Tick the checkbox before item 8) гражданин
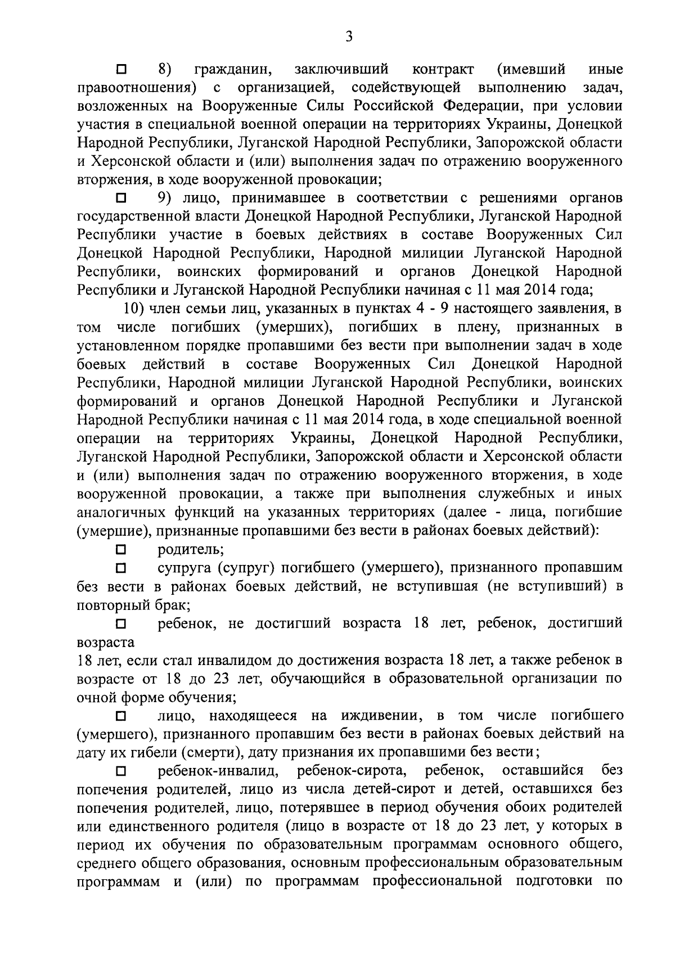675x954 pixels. (121, 70)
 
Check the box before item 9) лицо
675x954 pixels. (121, 198)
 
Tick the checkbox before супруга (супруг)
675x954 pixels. (121, 568)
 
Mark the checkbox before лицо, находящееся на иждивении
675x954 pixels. (121, 716)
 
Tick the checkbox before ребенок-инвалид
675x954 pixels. (121, 770)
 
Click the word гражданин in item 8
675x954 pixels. (233, 70)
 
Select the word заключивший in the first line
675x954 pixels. (341, 70)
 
